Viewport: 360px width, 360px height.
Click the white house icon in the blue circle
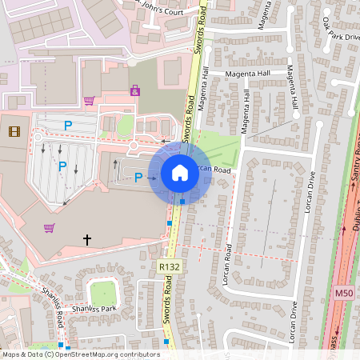[180, 172]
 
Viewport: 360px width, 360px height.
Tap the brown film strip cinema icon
[14, 130]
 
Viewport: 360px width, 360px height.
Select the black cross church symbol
[87, 239]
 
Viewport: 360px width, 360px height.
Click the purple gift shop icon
[134, 91]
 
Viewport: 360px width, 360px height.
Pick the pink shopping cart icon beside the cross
[49, 228]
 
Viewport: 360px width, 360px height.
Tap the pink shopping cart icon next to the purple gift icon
[89, 101]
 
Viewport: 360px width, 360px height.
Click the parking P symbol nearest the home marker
[138, 177]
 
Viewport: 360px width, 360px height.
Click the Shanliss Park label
[94, 309]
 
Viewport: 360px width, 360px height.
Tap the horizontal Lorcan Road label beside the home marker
[211, 170]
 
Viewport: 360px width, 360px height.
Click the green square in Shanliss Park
[103, 293]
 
